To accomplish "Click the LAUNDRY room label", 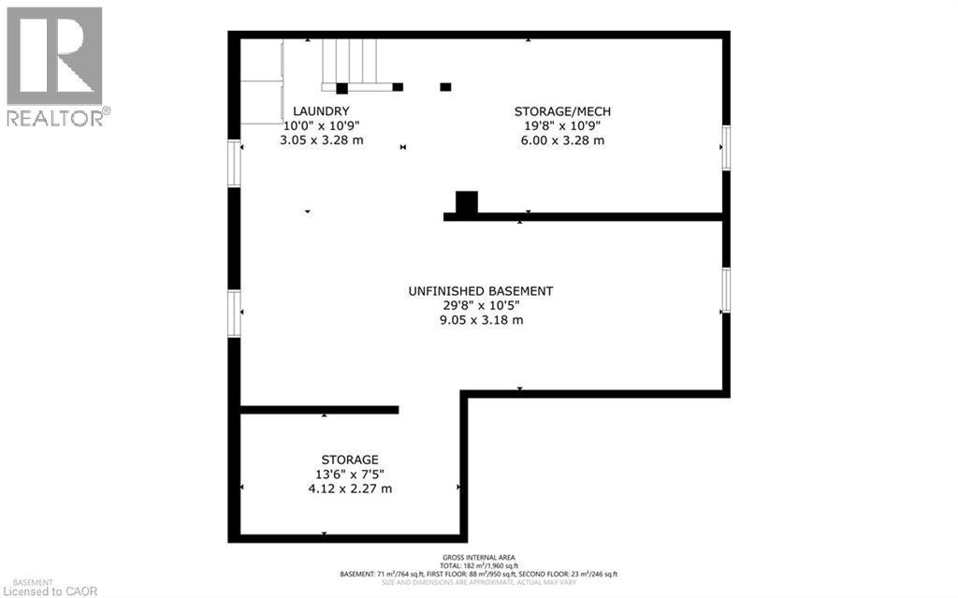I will point(321,110).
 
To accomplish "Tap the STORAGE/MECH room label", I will point(562,111).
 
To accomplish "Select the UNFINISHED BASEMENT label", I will point(480,291).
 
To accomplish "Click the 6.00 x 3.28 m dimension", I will point(562,140).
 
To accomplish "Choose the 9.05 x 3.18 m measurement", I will point(480,320).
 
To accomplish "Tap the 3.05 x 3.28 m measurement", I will point(321,140).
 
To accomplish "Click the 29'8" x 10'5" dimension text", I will point(480,305).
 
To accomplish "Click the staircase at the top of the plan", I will point(351,61).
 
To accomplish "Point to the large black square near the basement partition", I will point(466,202).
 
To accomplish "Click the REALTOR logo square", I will point(54,55).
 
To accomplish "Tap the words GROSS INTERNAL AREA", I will point(480,558).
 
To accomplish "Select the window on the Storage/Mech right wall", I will point(725,149).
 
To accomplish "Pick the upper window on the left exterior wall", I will point(235,163).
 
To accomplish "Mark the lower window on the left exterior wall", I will point(235,314).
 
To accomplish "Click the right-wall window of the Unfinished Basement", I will point(725,290).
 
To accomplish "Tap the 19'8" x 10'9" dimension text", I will point(562,125).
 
